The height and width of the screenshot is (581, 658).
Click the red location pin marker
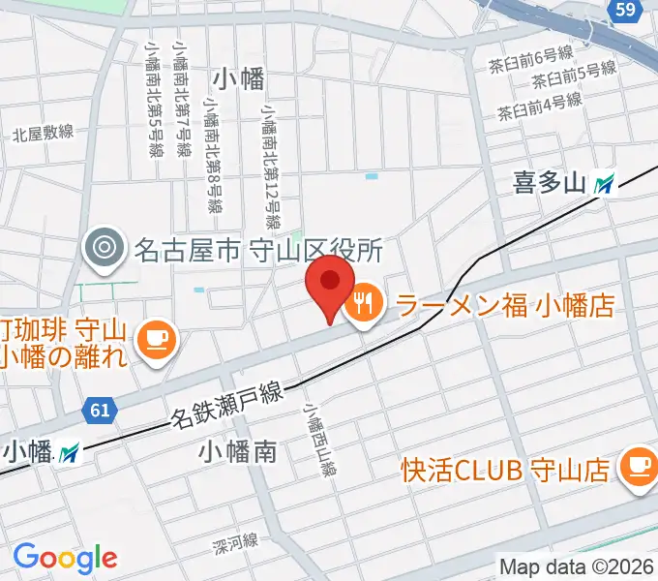coord(330,286)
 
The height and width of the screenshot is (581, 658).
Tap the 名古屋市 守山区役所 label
coord(258,251)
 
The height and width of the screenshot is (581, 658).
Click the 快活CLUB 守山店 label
coord(505,470)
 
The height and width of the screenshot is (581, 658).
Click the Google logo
coord(65,558)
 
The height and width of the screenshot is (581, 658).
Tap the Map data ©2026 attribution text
coord(578,566)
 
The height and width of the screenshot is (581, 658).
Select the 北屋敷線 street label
coord(43,133)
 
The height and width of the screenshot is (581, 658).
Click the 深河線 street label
coord(235,543)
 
